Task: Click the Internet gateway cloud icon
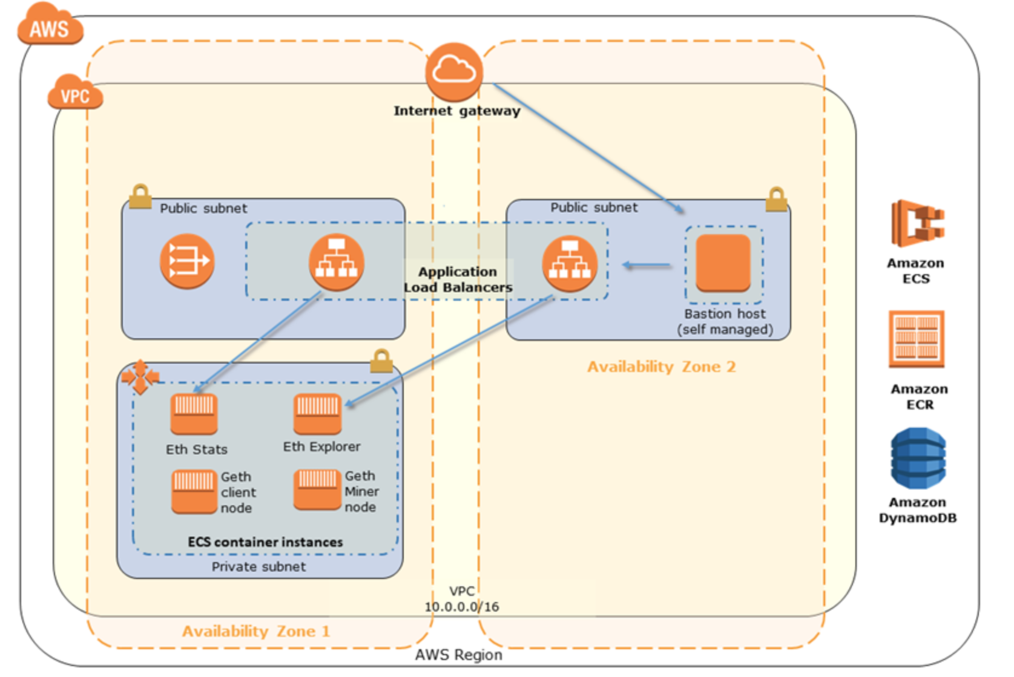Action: pyautogui.click(x=454, y=71)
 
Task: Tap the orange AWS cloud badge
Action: pyautogui.click(x=50, y=25)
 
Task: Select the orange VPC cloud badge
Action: pyautogui.click(x=75, y=94)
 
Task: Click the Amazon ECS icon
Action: pyautogui.click(x=917, y=223)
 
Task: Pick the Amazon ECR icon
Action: pyautogui.click(x=917, y=339)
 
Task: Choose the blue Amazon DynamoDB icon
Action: pyautogui.click(x=918, y=458)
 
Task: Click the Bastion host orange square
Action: pyautogui.click(x=723, y=263)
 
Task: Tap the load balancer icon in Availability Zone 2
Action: pyautogui.click(x=570, y=264)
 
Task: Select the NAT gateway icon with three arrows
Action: pyautogui.click(x=187, y=261)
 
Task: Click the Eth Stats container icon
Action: pyautogui.click(x=194, y=414)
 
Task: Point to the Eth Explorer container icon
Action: pyautogui.click(x=317, y=414)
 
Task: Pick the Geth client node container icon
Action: pyautogui.click(x=194, y=491)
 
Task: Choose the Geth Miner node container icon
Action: pyautogui.click(x=317, y=489)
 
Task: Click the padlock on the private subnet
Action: pyautogui.click(x=381, y=361)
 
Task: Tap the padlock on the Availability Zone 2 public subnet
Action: pyautogui.click(x=776, y=199)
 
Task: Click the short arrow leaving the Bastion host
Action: pyautogui.click(x=647, y=265)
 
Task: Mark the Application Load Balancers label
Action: pyautogui.click(x=458, y=280)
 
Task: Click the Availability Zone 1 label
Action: pyautogui.click(x=256, y=632)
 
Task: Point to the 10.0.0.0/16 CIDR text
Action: pyautogui.click(x=462, y=607)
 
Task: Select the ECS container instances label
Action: pyautogui.click(x=265, y=542)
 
